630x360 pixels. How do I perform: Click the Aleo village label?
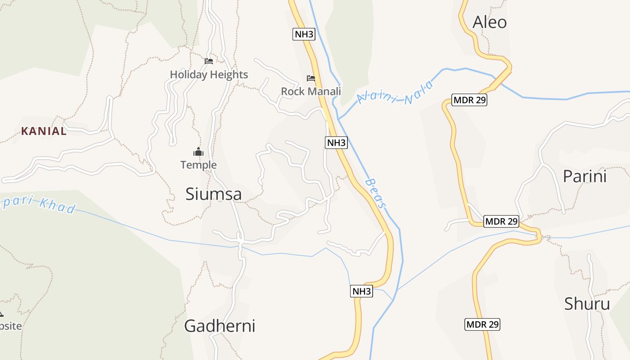pyautogui.click(x=490, y=22)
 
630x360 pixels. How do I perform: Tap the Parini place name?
pyautogui.click(x=585, y=176)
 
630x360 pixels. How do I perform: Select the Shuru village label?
pyautogui.click(x=587, y=304)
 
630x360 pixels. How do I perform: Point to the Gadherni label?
pyautogui.click(x=220, y=326)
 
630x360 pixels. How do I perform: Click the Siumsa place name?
pyautogui.click(x=214, y=194)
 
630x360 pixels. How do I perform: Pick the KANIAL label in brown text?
pyautogui.click(x=44, y=131)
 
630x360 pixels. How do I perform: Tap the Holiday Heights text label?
pyautogui.click(x=209, y=75)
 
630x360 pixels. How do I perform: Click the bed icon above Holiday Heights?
pyautogui.click(x=209, y=61)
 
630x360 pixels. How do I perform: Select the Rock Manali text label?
pyautogui.click(x=311, y=91)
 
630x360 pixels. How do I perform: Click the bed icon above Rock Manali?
pyautogui.click(x=311, y=78)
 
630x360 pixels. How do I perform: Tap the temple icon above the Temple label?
pyautogui.click(x=198, y=152)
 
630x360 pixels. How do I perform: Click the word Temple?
pyautogui.click(x=198, y=165)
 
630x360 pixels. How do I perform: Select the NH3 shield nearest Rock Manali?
pyautogui.click(x=304, y=34)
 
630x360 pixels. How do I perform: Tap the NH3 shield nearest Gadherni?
pyautogui.click(x=361, y=291)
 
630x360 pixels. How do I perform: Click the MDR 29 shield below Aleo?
pyautogui.click(x=469, y=100)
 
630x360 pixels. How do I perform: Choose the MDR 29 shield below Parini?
pyautogui.click(x=501, y=221)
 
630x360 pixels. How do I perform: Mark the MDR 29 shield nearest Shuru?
pyautogui.click(x=482, y=324)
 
